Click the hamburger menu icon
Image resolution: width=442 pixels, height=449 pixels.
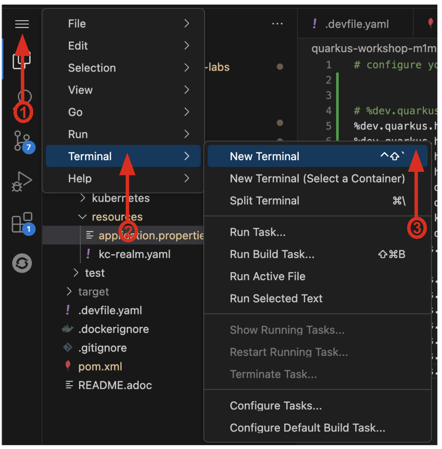pos(22,24)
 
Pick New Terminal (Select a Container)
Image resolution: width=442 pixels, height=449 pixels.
pos(317,178)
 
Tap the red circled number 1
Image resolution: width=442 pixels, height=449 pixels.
pos(23,113)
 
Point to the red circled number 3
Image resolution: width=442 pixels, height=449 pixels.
pos(417,228)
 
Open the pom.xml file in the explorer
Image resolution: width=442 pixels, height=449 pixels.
pos(100,367)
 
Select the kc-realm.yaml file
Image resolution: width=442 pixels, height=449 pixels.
pos(134,254)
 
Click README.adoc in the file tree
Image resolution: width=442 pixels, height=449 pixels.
pos(115,385)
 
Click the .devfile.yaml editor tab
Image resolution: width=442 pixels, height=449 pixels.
pos(356,24)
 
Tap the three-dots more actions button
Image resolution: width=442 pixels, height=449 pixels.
pos(277,24)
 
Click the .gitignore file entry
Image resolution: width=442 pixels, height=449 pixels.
pos(103,348)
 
